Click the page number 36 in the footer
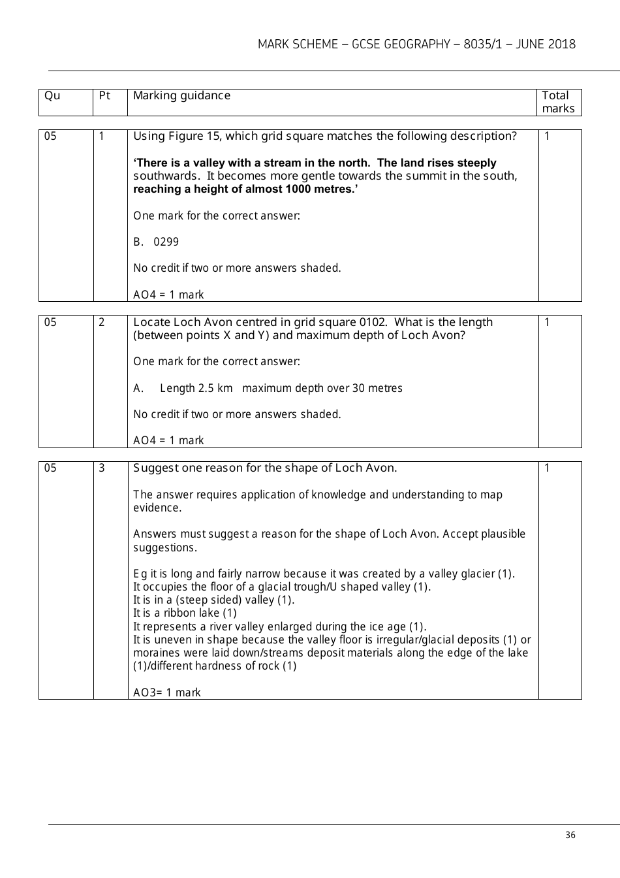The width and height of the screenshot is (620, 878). [570, 836]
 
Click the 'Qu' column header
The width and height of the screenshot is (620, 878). [52, 96]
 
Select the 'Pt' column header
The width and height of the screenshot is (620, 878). [104, 96]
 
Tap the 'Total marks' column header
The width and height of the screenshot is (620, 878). [558, 102]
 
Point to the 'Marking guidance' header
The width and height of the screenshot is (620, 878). [181, 96]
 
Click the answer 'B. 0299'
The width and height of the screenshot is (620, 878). [156, 242]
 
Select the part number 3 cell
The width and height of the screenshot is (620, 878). [102, 468]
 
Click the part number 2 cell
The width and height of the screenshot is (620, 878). [102, 322]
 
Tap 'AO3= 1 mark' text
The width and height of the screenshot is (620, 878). [167, 692]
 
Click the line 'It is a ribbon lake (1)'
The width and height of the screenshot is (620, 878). [185, 613]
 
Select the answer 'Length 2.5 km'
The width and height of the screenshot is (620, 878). [196, 388]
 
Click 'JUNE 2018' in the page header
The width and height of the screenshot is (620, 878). [546, 44]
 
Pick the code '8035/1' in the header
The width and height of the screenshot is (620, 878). [484, 44]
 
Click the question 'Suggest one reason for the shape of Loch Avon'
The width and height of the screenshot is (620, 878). [265, 468]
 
